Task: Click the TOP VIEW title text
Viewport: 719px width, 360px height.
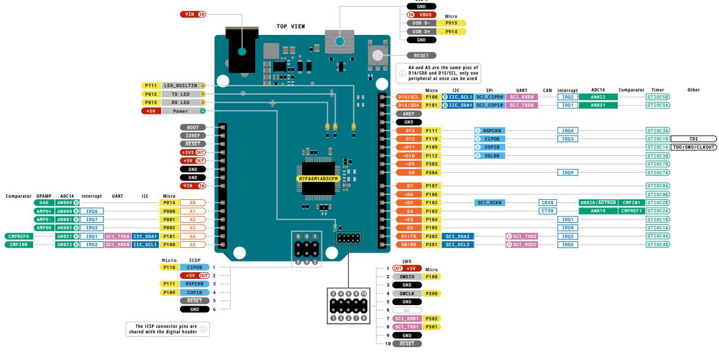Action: click(291, 26)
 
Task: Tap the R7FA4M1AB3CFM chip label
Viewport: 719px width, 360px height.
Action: click(318, 179)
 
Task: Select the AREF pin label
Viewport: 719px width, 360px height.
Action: click(409, 114)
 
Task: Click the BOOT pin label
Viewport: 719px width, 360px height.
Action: click(193, 127)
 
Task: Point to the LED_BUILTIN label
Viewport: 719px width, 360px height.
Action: click(181, 86)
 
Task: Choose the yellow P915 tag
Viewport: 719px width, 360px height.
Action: click(451, 23)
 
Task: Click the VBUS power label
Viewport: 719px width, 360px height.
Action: click(421, 15)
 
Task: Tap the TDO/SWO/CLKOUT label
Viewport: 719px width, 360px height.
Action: click(693, 147)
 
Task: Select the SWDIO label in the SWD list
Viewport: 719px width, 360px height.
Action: click(407, 277)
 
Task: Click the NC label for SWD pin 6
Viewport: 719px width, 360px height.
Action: click(407, 310)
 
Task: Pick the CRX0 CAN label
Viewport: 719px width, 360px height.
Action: click(547, 203)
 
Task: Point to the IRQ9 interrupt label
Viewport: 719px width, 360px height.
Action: click(568, 173)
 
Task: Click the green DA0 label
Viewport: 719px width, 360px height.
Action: click(44, 203)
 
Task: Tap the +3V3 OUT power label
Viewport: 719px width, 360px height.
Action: click(193, 152)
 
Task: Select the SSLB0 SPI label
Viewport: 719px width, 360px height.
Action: click(489, 156)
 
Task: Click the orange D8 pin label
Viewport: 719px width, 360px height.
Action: click(409, 173)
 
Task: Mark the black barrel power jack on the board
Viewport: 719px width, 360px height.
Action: click(242, 50)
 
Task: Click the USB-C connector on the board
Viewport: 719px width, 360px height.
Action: click(340, 41)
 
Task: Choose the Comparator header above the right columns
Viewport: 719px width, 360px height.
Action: click(631, 90)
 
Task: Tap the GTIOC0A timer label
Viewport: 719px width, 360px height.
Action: click(657, 186)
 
